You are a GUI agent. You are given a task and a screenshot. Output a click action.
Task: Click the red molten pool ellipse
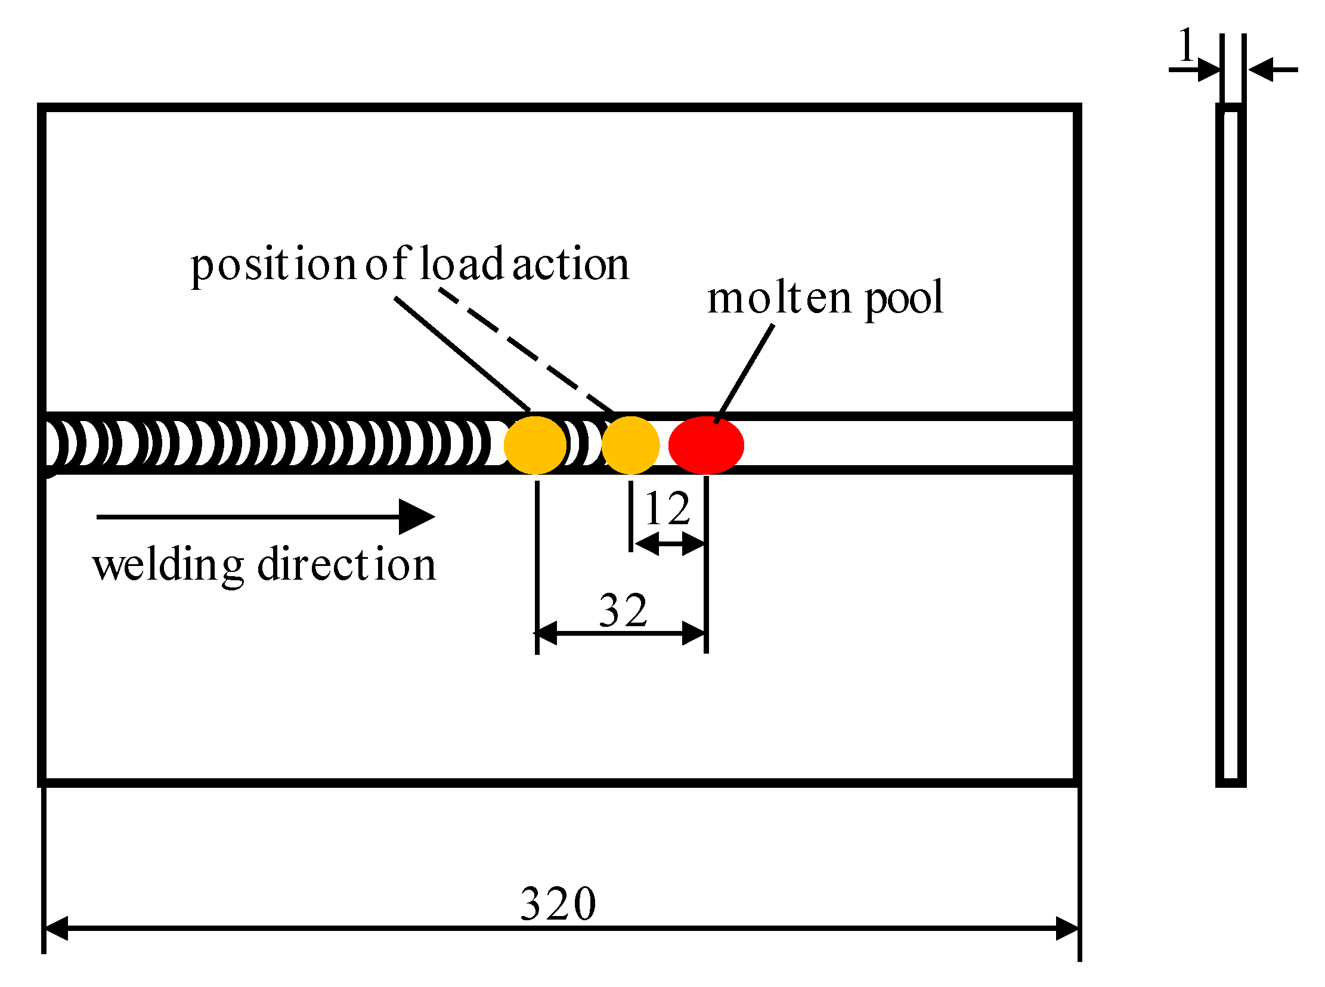pos(705,445)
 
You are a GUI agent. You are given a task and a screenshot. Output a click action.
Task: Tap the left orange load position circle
pos(535,445)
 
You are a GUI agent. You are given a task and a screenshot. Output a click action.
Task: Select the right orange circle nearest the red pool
pos(630,445)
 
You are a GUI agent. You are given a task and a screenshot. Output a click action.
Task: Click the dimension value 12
pos(667,509)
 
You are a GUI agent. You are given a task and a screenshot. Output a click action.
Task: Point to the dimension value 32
pos(623,611)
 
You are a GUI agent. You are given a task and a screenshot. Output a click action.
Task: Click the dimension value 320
pos(558,904)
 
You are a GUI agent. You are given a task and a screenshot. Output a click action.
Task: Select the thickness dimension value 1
pos(1186,45)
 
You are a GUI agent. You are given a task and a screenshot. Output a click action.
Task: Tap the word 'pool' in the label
pos(903,299)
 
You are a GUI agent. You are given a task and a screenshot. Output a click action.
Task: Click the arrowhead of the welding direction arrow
pos(418,517)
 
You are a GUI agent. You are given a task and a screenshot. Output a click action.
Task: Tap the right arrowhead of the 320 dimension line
pos(1068,929)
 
